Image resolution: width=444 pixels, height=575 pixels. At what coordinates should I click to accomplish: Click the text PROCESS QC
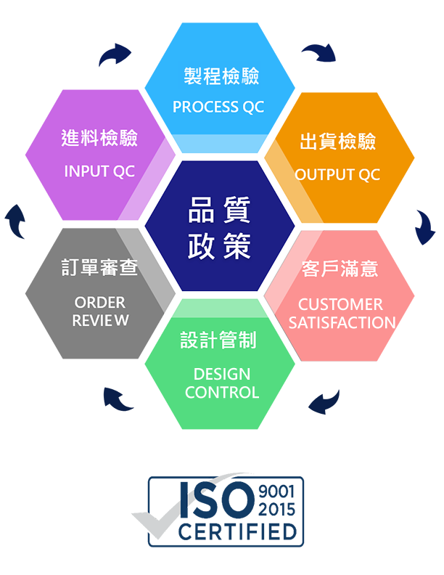pyautogui.click(x=218, y=107)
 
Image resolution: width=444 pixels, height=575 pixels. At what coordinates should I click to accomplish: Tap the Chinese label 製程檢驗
pyautogui.click(x=221, y=76)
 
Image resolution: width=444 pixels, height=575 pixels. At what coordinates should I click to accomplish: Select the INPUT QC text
pyautogui.click(x=99, y=172)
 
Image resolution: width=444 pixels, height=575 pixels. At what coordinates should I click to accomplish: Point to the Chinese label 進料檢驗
pyautogui.click(x=99, y=139)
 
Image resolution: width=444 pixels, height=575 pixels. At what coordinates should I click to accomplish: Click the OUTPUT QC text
pyautogui.click(x=337, y=175)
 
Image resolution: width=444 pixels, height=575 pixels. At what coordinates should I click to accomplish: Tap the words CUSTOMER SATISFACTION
pyautogui.click(x=342, y=314)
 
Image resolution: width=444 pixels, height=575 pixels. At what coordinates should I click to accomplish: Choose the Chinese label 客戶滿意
pyautogui.click(x=340, y=269)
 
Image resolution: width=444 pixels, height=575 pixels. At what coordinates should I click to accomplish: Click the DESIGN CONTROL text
pyautogui.click(x=222, y=383)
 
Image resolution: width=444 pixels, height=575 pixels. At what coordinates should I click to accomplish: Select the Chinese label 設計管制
pyautogui.click(x=218, y=340)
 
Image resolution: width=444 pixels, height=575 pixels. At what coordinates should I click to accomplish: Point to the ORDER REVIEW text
pyautogui.click(x=100, y=311)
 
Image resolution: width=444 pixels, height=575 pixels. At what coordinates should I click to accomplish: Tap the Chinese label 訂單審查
pyautogui.click(x=99, y=267)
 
